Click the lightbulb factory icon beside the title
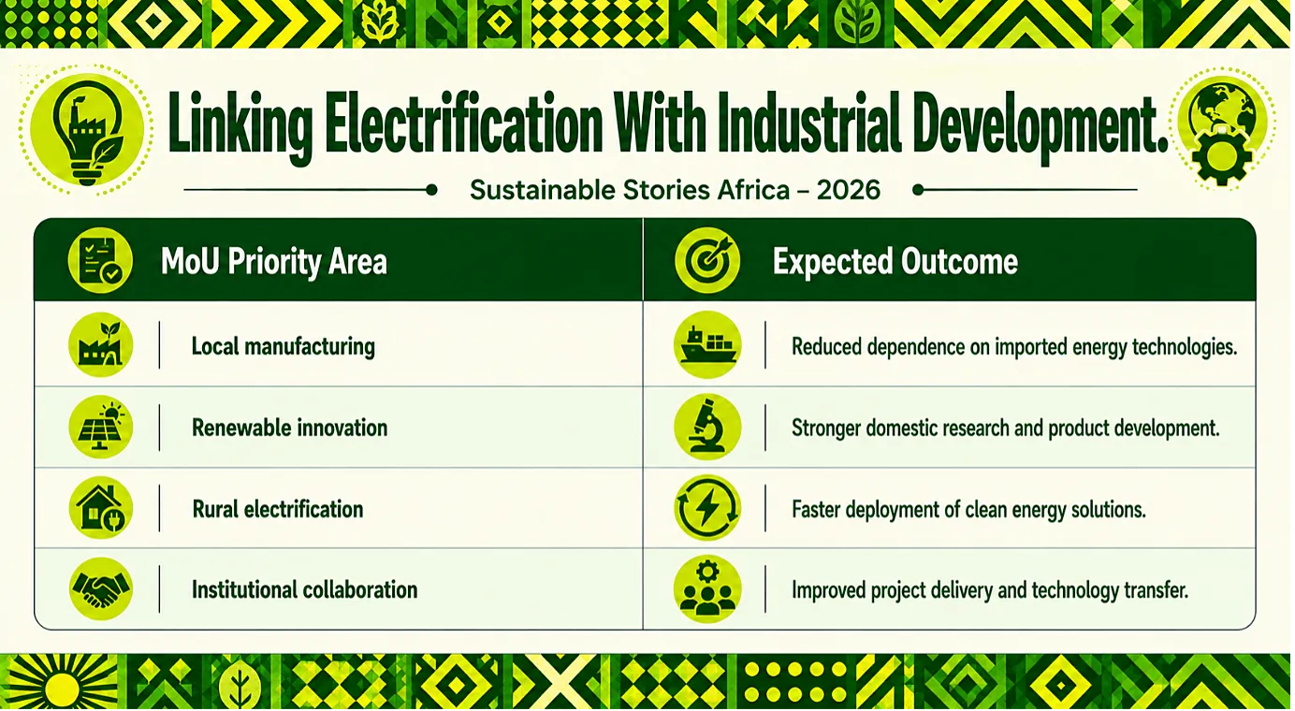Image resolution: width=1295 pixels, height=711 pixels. [x=87, y=130]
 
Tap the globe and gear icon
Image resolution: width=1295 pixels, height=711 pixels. [x=1221, y=130]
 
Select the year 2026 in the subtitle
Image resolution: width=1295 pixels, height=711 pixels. [x=848, y=190]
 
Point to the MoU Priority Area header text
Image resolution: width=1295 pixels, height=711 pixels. [x=274, y=261]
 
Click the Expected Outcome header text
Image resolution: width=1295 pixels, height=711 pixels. [x=895, y=261]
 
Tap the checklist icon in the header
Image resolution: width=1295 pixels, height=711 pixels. [x=100, y=260]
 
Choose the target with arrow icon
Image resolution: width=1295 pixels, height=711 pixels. [x=707, y=260]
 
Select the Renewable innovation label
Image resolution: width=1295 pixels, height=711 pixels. [x=290, y=428]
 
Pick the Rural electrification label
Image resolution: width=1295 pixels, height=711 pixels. [x=278, y=509]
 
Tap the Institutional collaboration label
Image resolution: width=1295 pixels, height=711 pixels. [x=305, y=590]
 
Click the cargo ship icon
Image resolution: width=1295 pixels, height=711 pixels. [x=707, y=345]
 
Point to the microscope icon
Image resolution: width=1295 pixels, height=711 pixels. [x=707, y=428]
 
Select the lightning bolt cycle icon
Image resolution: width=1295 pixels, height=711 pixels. [x=707, y=508]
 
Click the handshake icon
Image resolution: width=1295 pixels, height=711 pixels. [x=101, y=589]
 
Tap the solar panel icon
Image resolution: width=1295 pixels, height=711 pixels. [x=101, y=428]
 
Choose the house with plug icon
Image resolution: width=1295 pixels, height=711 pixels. [x=101, y=508]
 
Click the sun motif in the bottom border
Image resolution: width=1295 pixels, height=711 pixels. [x=62, y=685]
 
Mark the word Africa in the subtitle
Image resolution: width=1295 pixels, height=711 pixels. [x=753, y=190]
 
